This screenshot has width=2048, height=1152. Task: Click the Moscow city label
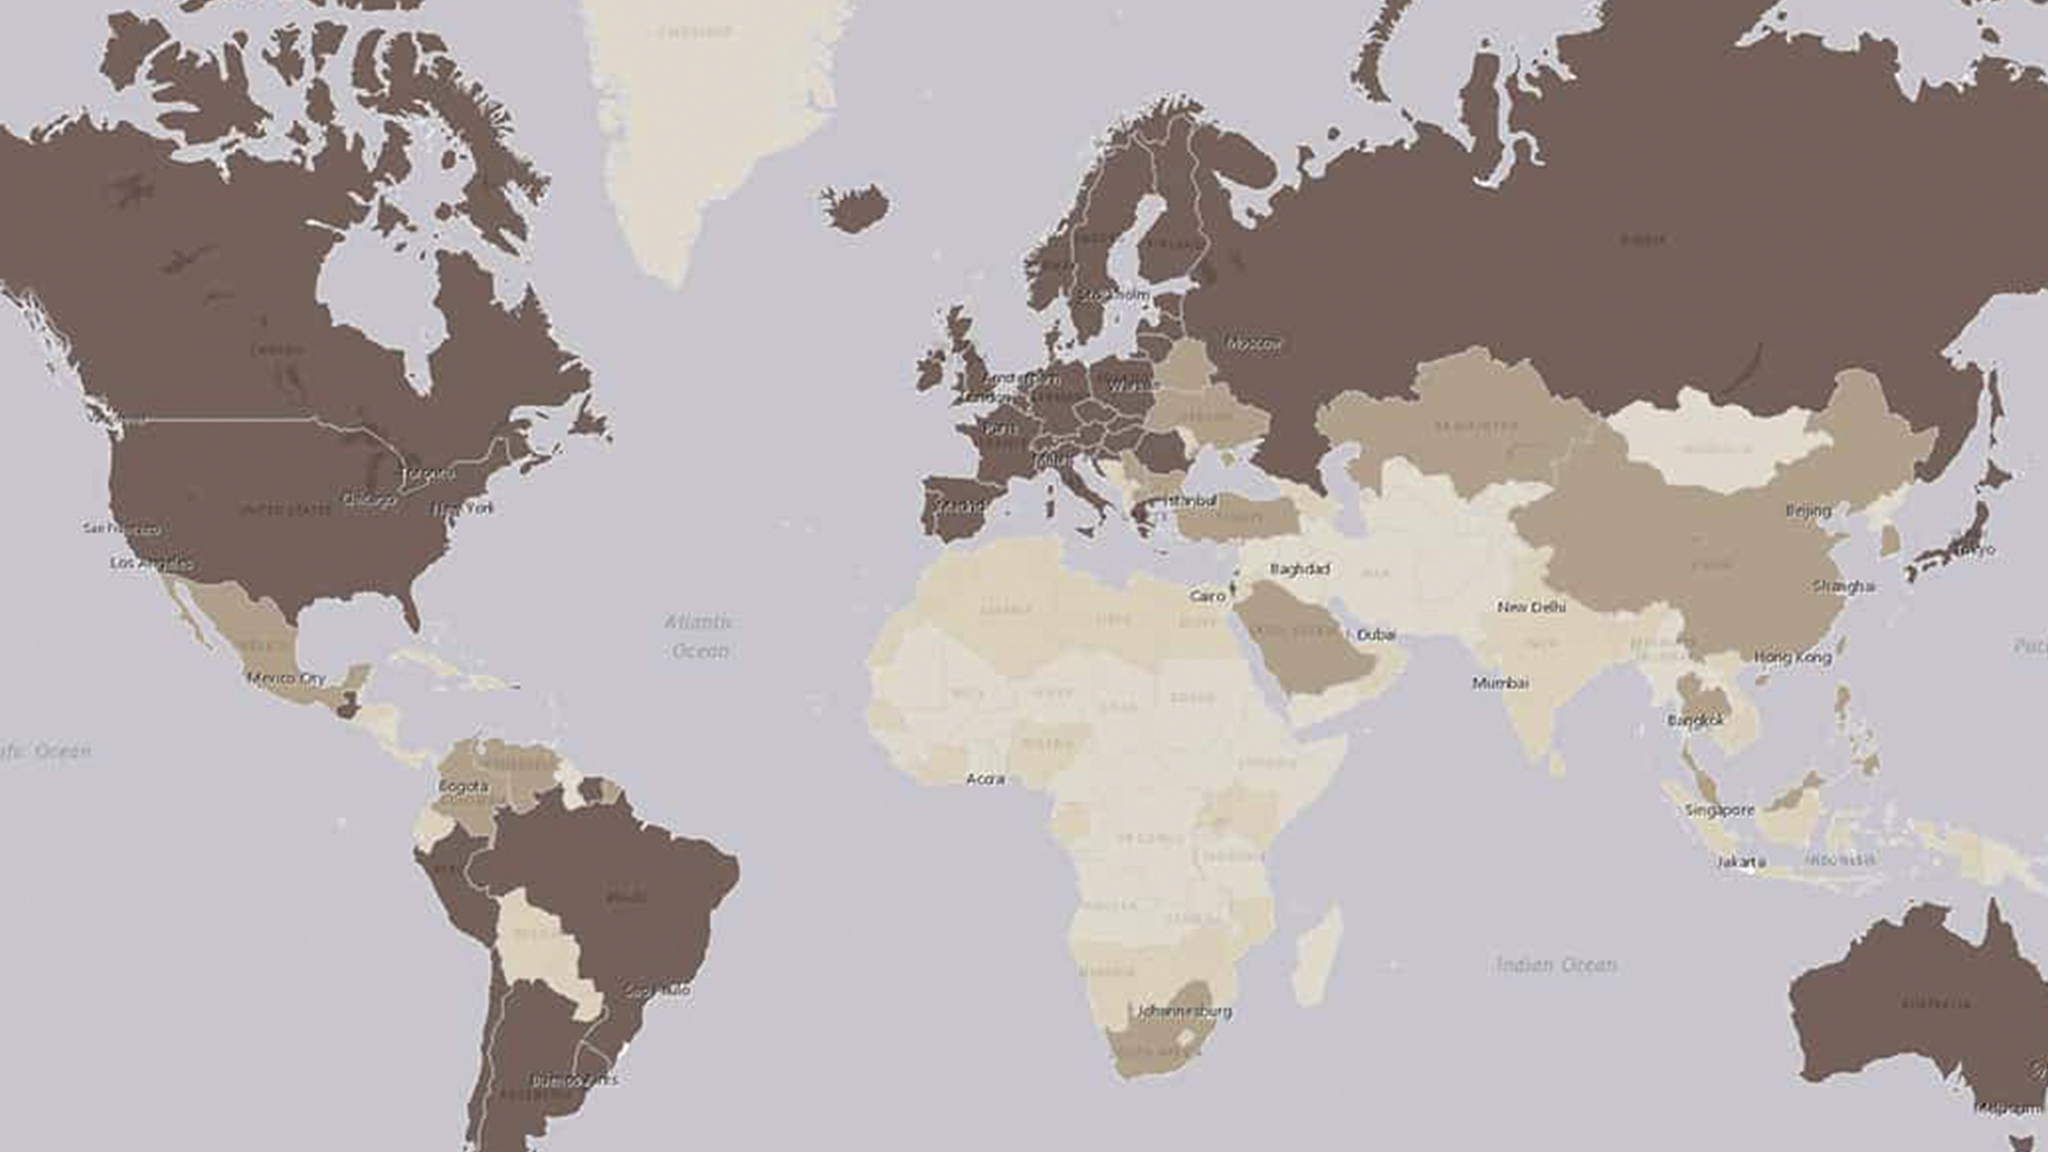1254,344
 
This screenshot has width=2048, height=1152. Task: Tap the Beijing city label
1808,511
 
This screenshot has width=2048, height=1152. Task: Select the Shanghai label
1844,586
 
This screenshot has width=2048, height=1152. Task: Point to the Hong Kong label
1793,658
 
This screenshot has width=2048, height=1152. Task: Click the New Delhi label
1532,607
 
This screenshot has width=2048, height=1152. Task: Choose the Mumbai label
1500,684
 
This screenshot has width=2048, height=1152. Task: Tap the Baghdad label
1299,569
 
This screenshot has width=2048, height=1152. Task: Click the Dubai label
1376,635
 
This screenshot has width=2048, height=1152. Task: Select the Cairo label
1207,596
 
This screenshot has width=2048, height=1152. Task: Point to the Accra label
985,780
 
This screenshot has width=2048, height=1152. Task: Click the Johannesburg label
1183,1011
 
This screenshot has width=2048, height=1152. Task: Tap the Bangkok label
1696,720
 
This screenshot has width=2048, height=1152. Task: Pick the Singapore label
1720,810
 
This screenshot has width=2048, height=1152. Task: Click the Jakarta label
1740,862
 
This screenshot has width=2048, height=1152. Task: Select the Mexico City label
286,679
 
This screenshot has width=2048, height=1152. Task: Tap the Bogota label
464,787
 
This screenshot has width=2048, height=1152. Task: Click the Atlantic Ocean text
700,636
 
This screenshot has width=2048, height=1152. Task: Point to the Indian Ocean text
1556,965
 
